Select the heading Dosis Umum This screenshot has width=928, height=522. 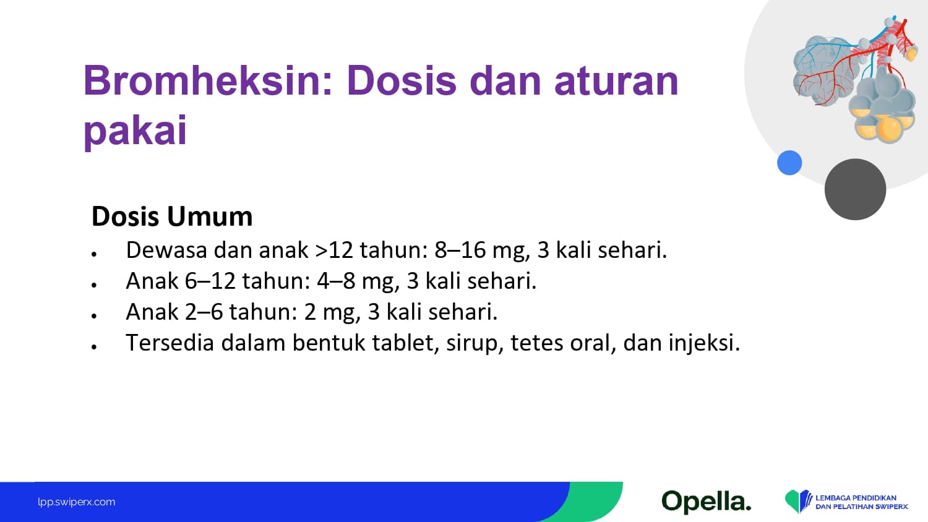(172, 216)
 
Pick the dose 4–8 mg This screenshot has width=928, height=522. (358, 281)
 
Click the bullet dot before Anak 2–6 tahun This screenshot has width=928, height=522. (95, 315)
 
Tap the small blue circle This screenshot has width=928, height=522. (789, 163)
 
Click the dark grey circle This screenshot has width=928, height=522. (855, 189)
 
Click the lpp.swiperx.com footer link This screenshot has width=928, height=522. (77, 502)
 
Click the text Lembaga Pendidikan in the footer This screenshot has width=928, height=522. (856, 497)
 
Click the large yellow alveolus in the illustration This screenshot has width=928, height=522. (890, 129)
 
